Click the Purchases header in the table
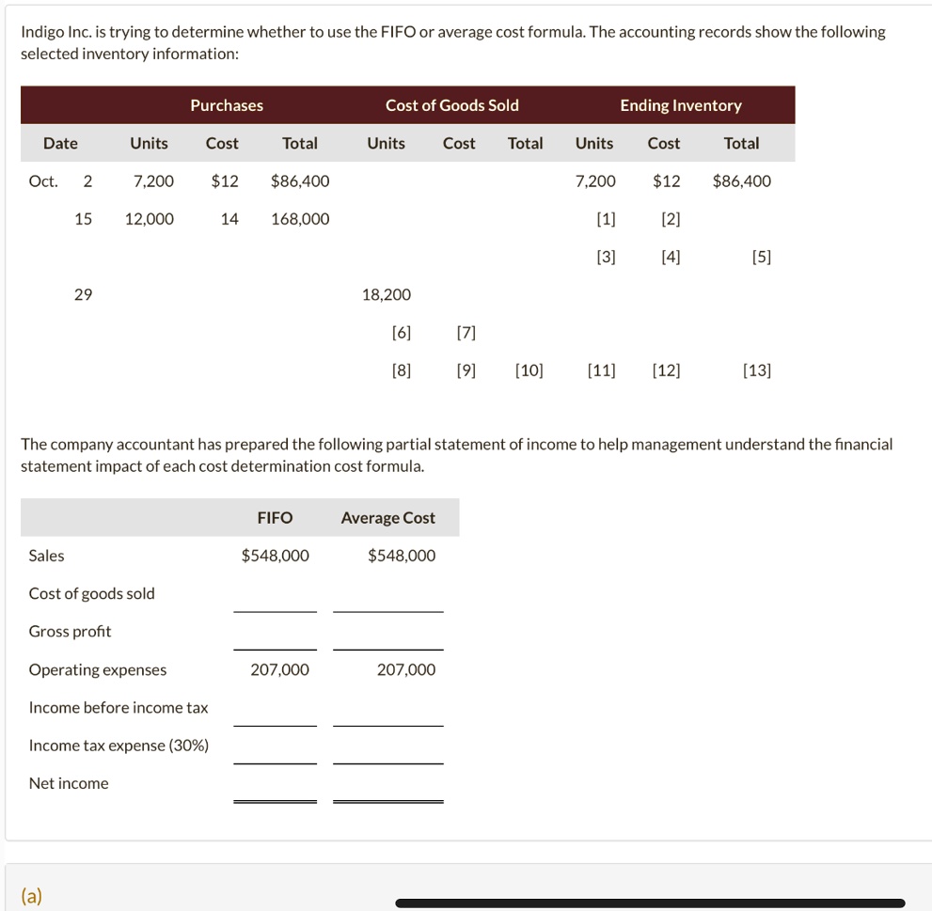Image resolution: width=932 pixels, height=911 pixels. (x=227, y=105)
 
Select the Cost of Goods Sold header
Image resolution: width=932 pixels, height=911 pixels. (x=451, y=105)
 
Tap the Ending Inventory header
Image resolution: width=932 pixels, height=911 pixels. (x=680, y=105)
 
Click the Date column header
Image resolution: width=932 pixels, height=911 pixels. (x=60, y=143)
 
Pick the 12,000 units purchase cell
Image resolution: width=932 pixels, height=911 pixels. (x=149, y=219)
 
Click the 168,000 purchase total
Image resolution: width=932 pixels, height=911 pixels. (x=300, y=219)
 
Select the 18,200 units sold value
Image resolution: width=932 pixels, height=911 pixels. (x=386, y=294)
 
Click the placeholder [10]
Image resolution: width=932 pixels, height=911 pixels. (x=529, y=370)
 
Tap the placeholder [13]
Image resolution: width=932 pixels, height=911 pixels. (x=756, y=370)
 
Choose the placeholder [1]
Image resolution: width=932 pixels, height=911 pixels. (x=606, y=219)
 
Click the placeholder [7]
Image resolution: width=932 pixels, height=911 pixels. (x=465, y=333)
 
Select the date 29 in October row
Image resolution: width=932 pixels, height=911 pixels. (x=83, y=294)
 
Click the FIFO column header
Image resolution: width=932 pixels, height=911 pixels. (x=275, y=518)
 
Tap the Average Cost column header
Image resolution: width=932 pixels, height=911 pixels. (x=387, y=518)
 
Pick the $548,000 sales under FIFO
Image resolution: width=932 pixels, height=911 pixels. (x=275, y=556)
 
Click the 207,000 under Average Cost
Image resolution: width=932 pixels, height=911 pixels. (x=405, y=669)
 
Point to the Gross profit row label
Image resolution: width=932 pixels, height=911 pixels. (x=70, y=632)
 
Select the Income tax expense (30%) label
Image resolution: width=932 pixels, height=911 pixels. (x=118, y=746)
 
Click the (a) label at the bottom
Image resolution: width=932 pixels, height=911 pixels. (x=33, y=896)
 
